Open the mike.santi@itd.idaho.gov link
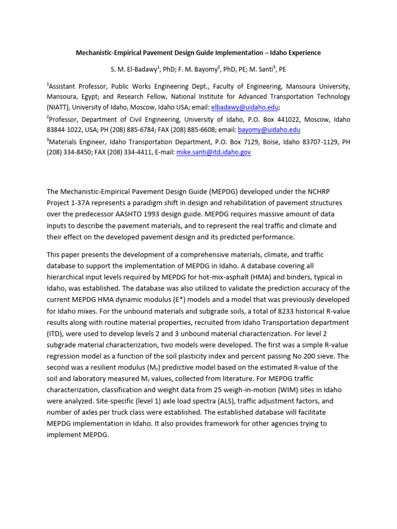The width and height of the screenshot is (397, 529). (x=213, y=152)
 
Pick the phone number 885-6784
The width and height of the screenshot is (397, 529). (x=158, y=130)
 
